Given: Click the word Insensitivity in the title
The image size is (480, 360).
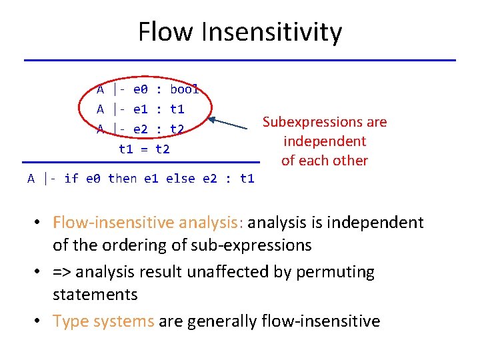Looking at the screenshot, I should [269, 32].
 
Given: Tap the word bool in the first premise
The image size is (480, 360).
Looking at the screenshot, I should [185, 89].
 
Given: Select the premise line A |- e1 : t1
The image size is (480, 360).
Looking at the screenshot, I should [141, 109].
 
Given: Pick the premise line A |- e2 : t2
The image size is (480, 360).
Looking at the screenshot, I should [141, 129].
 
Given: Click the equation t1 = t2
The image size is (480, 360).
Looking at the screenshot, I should [144, 149].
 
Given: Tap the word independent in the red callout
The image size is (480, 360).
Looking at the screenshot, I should [325, 141].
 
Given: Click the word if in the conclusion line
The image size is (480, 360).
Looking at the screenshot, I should [71, 179].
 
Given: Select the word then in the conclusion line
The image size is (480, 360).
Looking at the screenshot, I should [122, 179].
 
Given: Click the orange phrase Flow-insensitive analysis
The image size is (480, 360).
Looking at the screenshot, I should [145, 222].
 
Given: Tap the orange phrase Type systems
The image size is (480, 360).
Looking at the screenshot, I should [103, 321].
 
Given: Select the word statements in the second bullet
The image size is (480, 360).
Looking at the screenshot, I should [95, 295].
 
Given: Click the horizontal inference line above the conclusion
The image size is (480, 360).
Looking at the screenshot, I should [141, 162].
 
